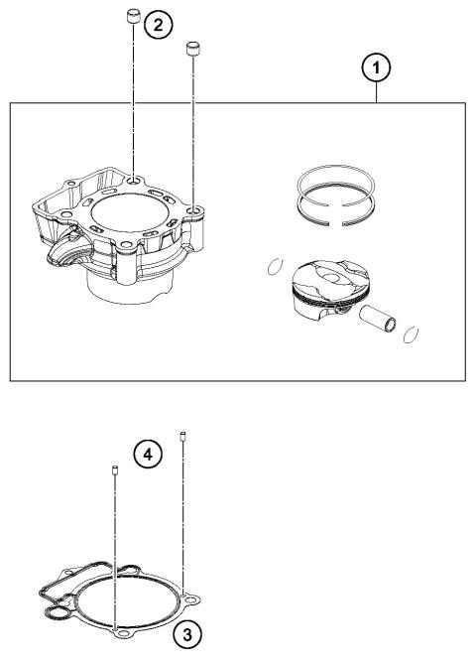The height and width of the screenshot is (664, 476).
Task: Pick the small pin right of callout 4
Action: pos(183,435)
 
